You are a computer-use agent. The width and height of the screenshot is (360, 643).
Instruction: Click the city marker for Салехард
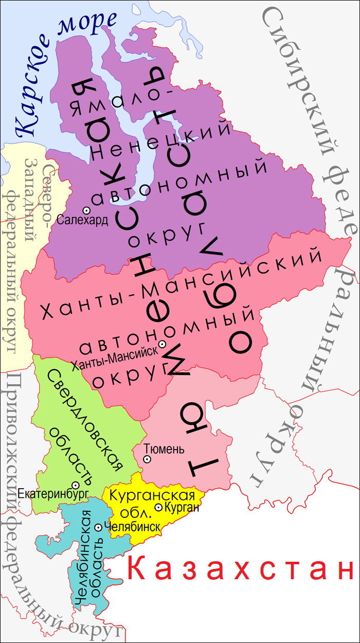click(x=87, y=210)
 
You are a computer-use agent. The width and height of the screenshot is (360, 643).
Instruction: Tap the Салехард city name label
click(x=83, y=221)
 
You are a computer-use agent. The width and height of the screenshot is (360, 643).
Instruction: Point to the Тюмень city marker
click(x=147, y=459)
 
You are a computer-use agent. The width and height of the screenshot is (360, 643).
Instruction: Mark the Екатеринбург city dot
click(x=75, y=485)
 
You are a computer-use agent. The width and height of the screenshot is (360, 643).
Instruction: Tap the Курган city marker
click(x=158, y=508)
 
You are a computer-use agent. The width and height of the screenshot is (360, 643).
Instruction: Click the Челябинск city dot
click(x=98, y=527)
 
